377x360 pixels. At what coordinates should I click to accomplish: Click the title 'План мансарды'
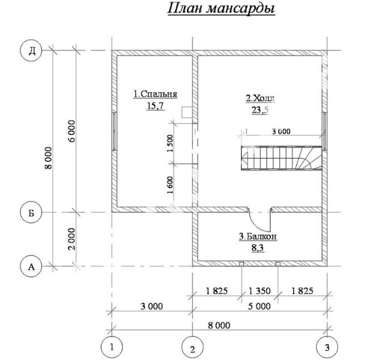[221, 9]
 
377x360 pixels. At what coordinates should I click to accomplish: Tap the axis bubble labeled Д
[31, 51]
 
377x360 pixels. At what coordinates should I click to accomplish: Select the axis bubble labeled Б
[31, 212]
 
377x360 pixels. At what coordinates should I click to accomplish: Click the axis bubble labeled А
[31, 266]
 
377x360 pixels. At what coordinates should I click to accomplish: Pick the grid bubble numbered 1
[111, 347]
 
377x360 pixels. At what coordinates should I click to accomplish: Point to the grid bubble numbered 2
[192, 349]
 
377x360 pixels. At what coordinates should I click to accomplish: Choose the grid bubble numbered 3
[327, 347]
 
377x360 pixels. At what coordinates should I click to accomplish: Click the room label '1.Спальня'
[155, 94]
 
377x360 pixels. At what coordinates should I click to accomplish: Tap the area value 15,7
[155, 106]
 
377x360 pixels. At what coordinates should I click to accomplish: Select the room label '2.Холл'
[260, 98]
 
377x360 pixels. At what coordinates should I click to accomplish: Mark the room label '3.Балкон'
[258, 236]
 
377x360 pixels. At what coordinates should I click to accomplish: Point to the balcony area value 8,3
[258, 248]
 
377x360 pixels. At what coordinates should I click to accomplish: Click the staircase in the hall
[282, 158]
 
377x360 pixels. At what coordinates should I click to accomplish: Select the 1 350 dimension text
[260, 291]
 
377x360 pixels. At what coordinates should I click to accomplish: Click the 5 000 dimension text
[260, 307]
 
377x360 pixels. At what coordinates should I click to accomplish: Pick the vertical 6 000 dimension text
[72, 131]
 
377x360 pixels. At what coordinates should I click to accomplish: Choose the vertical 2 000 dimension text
[72, 239]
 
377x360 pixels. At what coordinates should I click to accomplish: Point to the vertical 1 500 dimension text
[170, 143]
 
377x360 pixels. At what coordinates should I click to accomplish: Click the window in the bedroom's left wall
[114, 131]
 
